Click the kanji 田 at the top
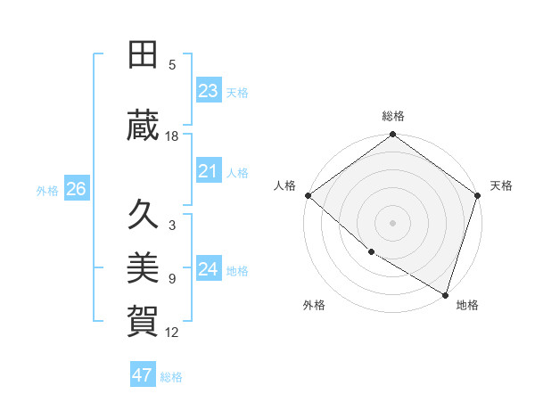point(144,54)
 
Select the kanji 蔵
point(144,126)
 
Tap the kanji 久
point(144,216)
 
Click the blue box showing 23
point(208,91)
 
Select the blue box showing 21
point(208,171)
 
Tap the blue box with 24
point(208,269)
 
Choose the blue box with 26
point(76,189)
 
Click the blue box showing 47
point(142,375)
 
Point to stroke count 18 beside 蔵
point(172,136)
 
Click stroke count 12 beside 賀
point(172,333)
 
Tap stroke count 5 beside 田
point(172,65)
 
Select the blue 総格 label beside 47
point(171,377)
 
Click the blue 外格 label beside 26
point(47,190)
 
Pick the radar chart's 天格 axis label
point(501,185)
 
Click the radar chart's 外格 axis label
point(314,305)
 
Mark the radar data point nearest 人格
point(308,195)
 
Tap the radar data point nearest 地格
point(445,293)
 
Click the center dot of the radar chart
point(392,222)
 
